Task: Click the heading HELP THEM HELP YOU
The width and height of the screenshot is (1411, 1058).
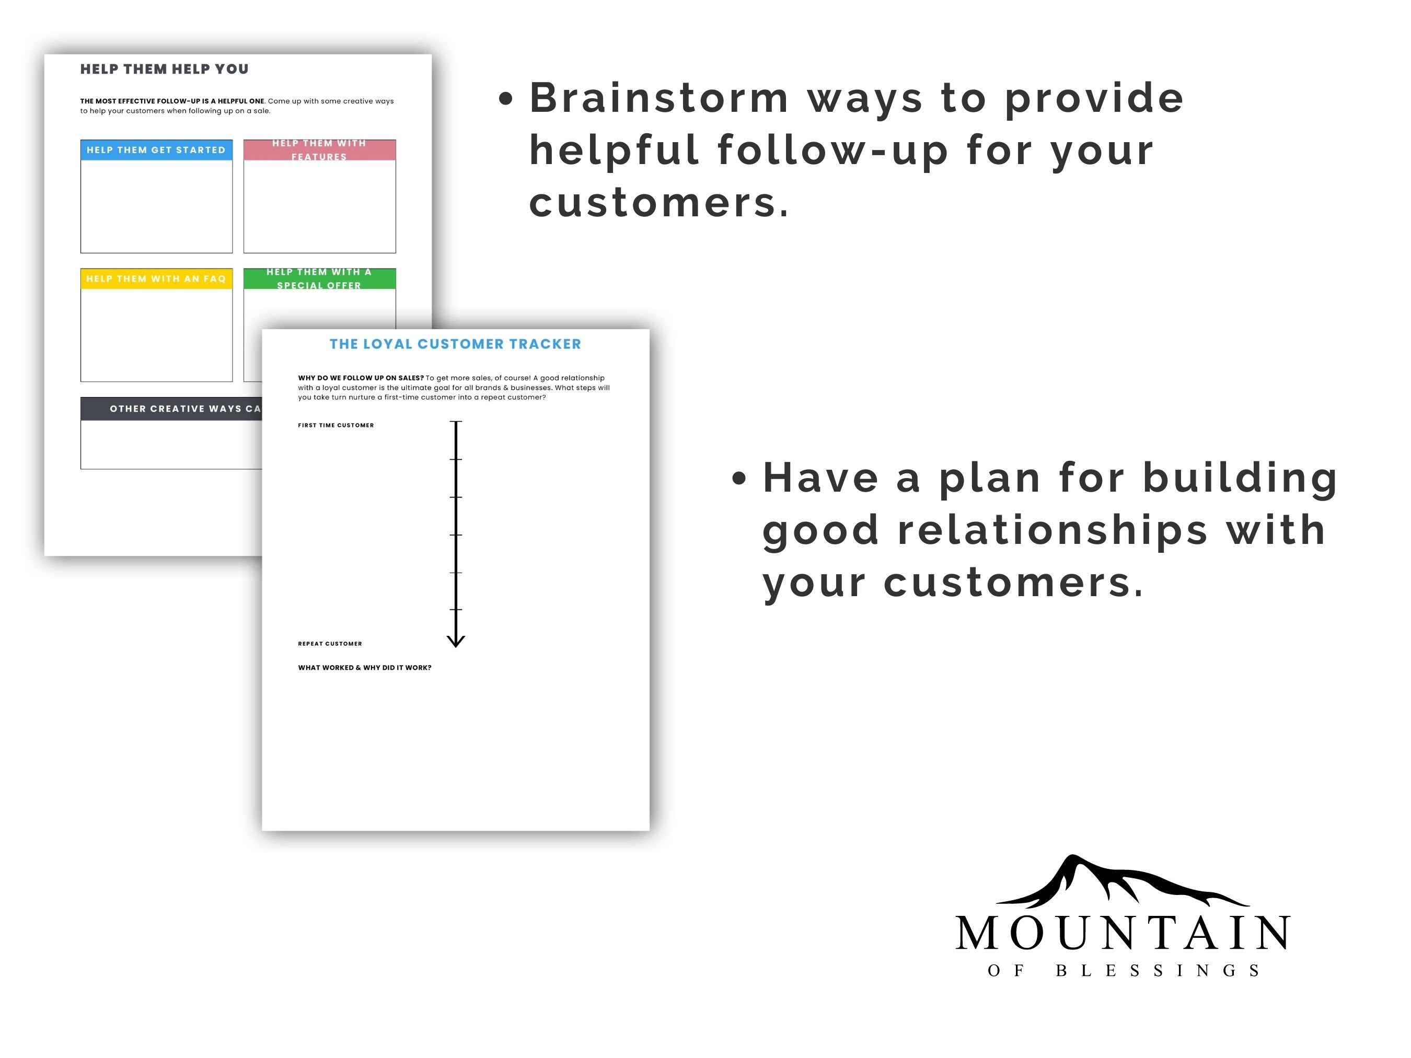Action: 164,69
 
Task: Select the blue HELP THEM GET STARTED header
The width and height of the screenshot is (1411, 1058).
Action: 156,150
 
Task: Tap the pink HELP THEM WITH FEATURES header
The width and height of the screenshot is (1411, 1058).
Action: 320,150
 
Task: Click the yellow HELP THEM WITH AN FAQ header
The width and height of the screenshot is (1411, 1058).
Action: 156,278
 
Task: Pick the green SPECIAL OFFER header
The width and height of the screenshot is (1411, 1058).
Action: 320,278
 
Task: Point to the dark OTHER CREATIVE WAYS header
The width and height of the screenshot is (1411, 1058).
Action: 171,409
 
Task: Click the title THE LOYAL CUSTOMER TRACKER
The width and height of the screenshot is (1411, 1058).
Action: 456,344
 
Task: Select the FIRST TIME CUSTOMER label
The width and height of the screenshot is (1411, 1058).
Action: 336,425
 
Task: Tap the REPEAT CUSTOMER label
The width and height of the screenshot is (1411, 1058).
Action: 330,644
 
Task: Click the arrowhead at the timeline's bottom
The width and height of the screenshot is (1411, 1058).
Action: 456,642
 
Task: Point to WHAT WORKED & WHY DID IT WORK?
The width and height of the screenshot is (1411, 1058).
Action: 365,668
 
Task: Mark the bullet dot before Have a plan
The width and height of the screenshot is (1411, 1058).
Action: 739,478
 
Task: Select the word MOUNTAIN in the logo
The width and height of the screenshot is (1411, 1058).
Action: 1123,933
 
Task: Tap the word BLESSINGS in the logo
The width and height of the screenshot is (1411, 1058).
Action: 1158,971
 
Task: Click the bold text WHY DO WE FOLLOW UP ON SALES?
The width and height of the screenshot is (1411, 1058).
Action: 361,378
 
